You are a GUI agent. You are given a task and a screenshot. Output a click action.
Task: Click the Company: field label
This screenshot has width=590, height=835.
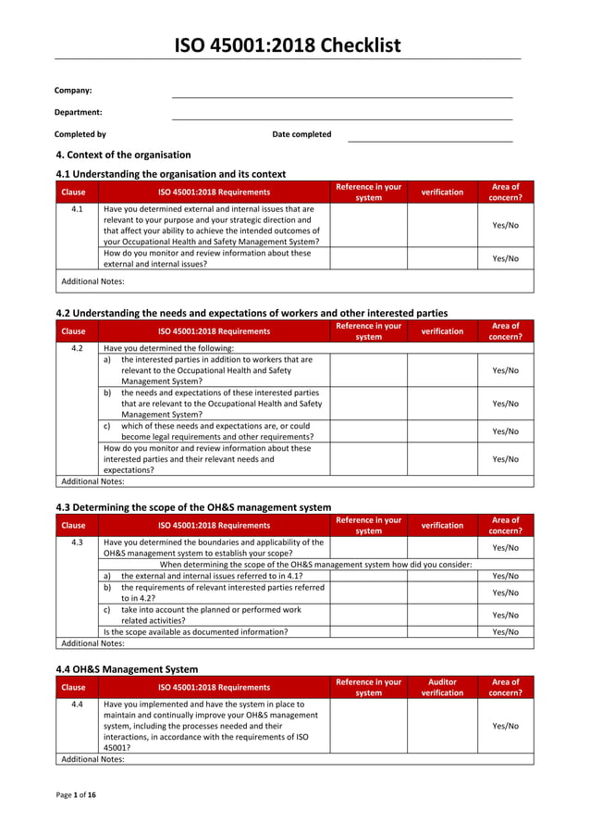73,91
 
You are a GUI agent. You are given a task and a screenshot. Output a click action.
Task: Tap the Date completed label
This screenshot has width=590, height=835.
301,134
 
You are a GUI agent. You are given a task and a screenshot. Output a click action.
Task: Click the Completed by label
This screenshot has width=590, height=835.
80,134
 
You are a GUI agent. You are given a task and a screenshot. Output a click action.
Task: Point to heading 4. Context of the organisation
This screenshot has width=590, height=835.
124,155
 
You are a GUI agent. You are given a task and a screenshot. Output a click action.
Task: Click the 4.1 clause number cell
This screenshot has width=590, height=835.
78,209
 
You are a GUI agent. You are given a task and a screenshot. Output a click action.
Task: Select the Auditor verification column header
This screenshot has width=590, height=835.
442,687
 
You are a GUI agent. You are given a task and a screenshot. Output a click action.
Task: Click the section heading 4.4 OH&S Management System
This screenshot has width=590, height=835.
127,668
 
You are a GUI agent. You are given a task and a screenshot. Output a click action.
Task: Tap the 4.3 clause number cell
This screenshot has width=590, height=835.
78,542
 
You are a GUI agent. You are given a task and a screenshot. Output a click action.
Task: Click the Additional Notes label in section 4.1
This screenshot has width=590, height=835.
92,281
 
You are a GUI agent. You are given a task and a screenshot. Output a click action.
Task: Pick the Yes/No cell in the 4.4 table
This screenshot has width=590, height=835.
505,726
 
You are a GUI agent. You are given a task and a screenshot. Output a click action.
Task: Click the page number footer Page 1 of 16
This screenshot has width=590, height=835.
76,795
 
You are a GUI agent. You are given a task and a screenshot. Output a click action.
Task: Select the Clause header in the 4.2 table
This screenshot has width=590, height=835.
73,331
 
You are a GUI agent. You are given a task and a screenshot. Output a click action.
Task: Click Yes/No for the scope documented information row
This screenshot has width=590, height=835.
505,632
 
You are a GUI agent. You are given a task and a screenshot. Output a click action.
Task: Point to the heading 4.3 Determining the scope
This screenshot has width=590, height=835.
193,507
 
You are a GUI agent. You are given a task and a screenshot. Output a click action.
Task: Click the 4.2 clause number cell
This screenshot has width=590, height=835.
78,348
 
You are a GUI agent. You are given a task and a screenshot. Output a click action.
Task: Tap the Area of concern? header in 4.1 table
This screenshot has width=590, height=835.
505,192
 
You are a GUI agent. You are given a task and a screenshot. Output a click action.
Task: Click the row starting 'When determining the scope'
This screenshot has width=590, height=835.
315,564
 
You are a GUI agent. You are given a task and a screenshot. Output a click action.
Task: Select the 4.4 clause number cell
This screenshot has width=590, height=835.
78,704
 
